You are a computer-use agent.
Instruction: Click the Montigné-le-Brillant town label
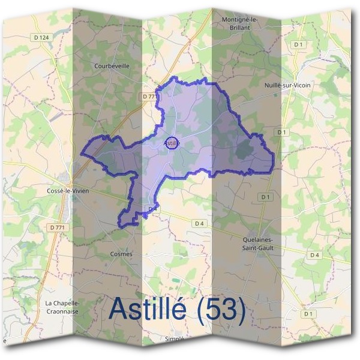239,23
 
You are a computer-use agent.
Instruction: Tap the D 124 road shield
41,37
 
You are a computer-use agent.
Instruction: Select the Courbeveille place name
112,66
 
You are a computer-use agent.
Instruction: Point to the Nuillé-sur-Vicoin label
287,85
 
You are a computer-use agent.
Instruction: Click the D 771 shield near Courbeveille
149,96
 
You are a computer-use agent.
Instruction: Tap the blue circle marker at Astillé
172,143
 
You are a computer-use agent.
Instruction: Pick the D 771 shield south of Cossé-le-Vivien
58,227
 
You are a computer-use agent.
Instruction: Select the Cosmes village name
121,254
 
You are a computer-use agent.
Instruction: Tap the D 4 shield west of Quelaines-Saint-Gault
199,223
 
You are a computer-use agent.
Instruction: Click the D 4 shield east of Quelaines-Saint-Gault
314,255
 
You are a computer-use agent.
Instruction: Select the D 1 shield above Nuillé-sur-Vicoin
298,44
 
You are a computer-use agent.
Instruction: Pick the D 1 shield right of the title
308,314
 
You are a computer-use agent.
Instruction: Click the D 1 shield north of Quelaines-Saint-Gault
265,197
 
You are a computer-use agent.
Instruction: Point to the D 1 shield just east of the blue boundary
281,132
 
